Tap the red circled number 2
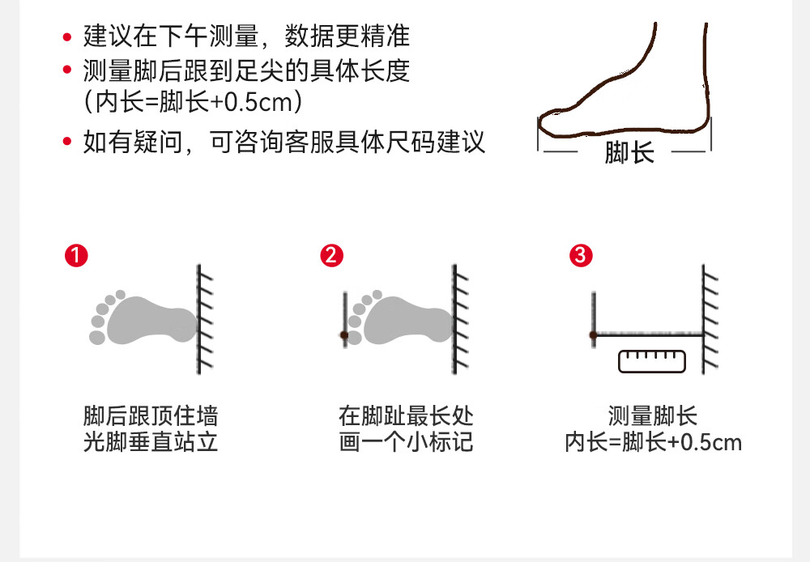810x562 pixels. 332,256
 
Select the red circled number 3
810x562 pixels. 582,256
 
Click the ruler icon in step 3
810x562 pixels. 651,360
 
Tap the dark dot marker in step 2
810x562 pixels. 344,334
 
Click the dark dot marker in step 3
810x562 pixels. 594,334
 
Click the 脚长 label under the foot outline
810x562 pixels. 629,152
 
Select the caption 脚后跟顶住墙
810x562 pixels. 151,417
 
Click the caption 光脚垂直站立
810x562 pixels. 151,443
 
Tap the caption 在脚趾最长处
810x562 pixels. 406,417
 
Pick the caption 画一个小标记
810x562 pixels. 406,443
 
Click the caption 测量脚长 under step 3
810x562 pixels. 652,417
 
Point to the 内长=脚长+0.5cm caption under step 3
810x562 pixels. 653,443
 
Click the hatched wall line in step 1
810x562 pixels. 199,320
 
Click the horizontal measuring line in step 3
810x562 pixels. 648,334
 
